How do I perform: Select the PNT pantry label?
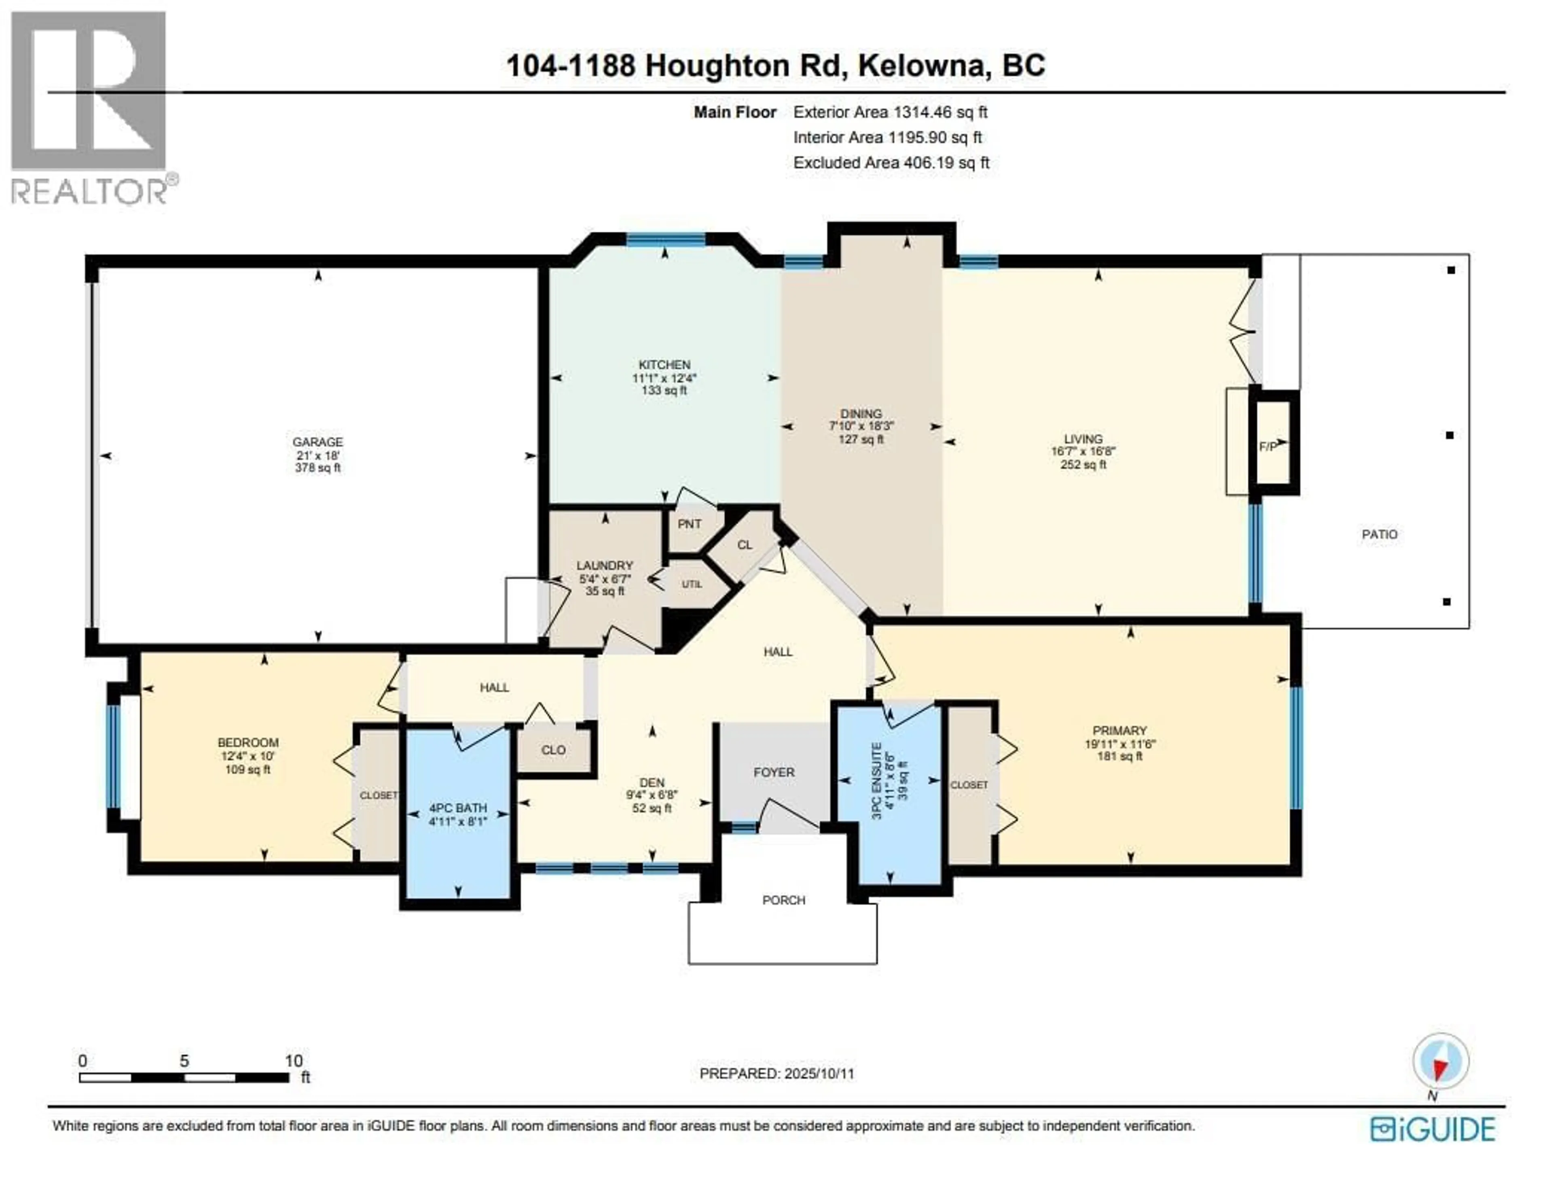point(689,524)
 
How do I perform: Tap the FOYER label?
point(774,772)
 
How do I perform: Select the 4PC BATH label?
point(458,808)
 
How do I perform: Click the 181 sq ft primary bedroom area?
point(1119,756)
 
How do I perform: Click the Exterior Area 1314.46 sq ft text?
point(890,112)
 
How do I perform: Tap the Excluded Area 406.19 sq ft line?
point(891,162)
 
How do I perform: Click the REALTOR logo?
point(90,107)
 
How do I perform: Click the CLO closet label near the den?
point(553,750)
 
